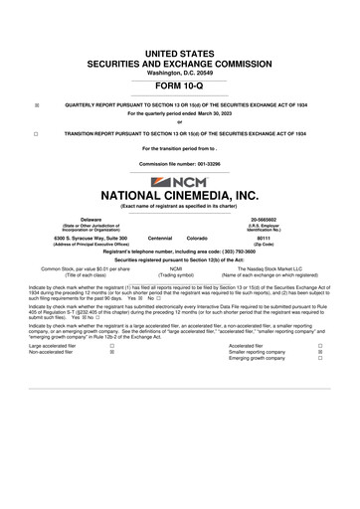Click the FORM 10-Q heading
[x=179, y=86]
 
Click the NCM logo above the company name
[x=179, y=184]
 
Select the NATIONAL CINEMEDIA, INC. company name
[x=179, y=197]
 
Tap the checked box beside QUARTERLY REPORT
[x=36, y=103]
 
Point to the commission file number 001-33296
[x=179, y=162]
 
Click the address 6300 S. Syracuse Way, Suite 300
[x=69, y=239]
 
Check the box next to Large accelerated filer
[x=111, y=345]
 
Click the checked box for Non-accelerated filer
[x=111, y=352]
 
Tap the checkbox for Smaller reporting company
[x=319, y=352]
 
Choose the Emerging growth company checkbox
[x=319, y=359]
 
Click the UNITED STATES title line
[x=179, y=51]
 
